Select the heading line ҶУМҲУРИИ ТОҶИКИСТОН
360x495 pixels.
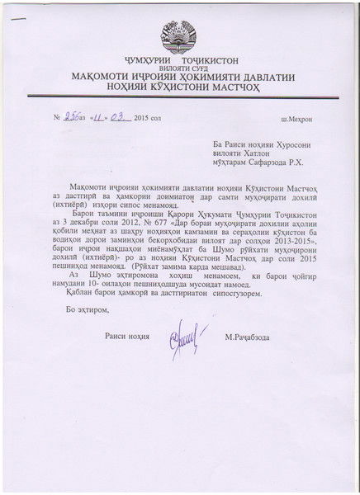pyautogui.click(x=179, y=62)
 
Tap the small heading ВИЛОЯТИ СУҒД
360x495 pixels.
pyautogui.click(x=179, y=70)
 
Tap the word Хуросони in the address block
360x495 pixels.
pyautogui.click(x=272, y=142)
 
